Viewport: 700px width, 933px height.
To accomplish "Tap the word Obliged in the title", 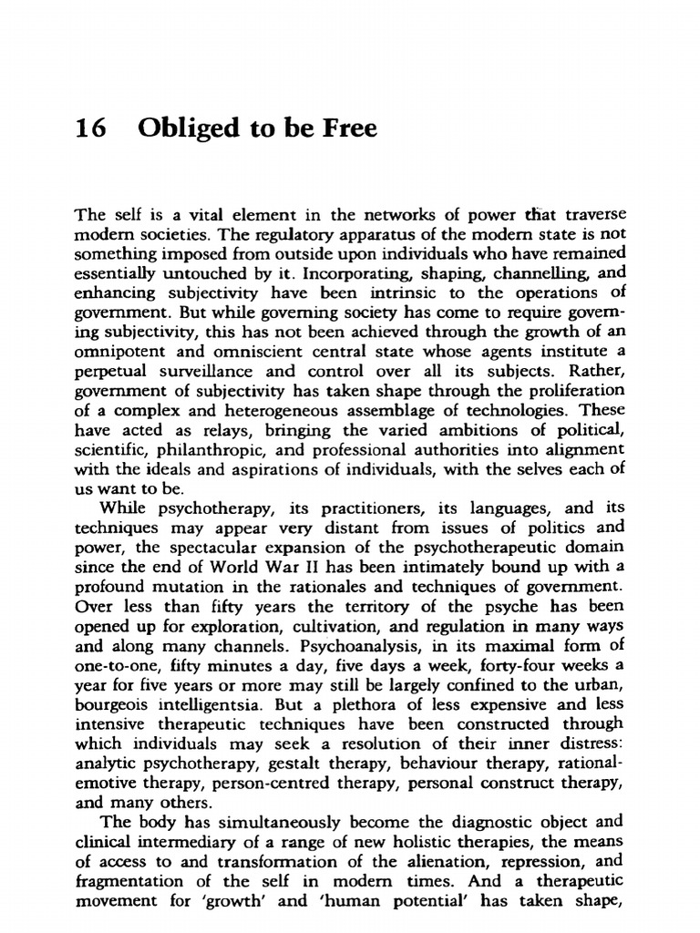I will tap(178, 130).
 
